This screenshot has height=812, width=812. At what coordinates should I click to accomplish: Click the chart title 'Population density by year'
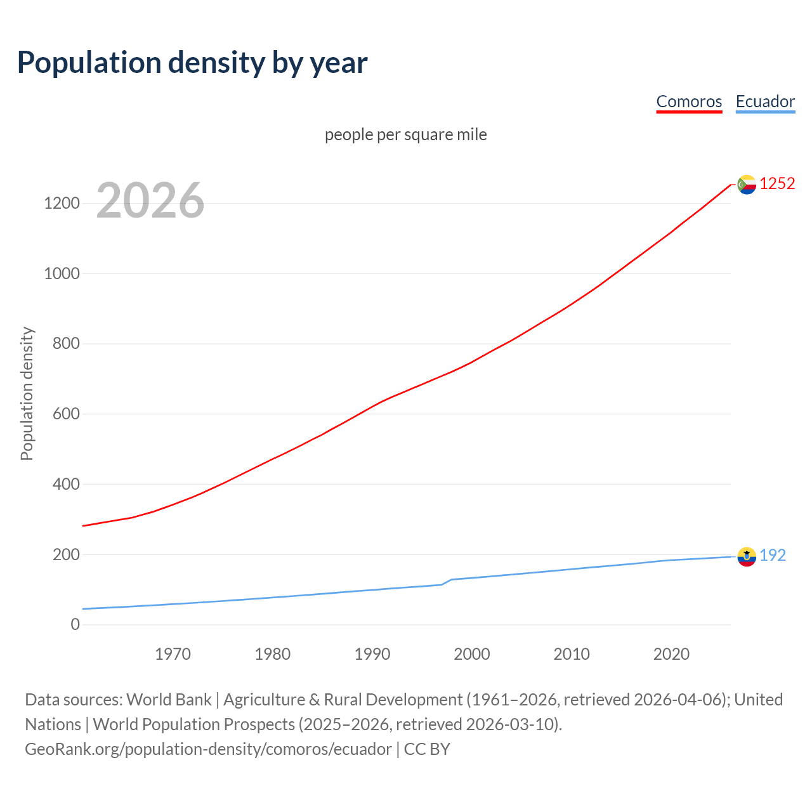coord(192,62)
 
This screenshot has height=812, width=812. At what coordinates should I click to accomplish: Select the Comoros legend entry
coord(689,101)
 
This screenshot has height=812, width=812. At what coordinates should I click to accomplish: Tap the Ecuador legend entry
coord(765,101)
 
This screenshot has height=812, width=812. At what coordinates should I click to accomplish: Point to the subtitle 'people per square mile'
coord(406,134)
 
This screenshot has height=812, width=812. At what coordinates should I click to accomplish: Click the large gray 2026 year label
coord(150,200)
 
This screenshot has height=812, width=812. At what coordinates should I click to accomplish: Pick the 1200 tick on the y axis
coord(62,204)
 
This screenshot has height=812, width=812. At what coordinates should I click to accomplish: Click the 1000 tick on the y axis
coord(62,273)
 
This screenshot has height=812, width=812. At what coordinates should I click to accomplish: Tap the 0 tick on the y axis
coord(75,624)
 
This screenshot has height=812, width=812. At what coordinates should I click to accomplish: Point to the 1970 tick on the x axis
coord(173,654)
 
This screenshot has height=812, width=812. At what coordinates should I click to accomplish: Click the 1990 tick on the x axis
coord(372,654)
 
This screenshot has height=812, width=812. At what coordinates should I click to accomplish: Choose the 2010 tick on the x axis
coord(572,654)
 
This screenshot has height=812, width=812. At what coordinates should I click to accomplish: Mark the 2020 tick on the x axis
coord(671,654)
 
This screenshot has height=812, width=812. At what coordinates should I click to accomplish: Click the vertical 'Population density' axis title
coord(27,393)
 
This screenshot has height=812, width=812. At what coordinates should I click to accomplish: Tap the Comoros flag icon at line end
coord(747,184)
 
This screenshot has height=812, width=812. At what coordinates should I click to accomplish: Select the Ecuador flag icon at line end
coord(747,556)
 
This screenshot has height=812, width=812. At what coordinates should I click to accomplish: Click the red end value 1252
coord(777,183)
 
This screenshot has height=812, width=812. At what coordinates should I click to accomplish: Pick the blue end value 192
coord(773,555)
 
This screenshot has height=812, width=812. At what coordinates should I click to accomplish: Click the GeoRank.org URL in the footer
coord(208,749)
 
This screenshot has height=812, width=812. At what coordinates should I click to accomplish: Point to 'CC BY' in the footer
coord(427,749)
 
